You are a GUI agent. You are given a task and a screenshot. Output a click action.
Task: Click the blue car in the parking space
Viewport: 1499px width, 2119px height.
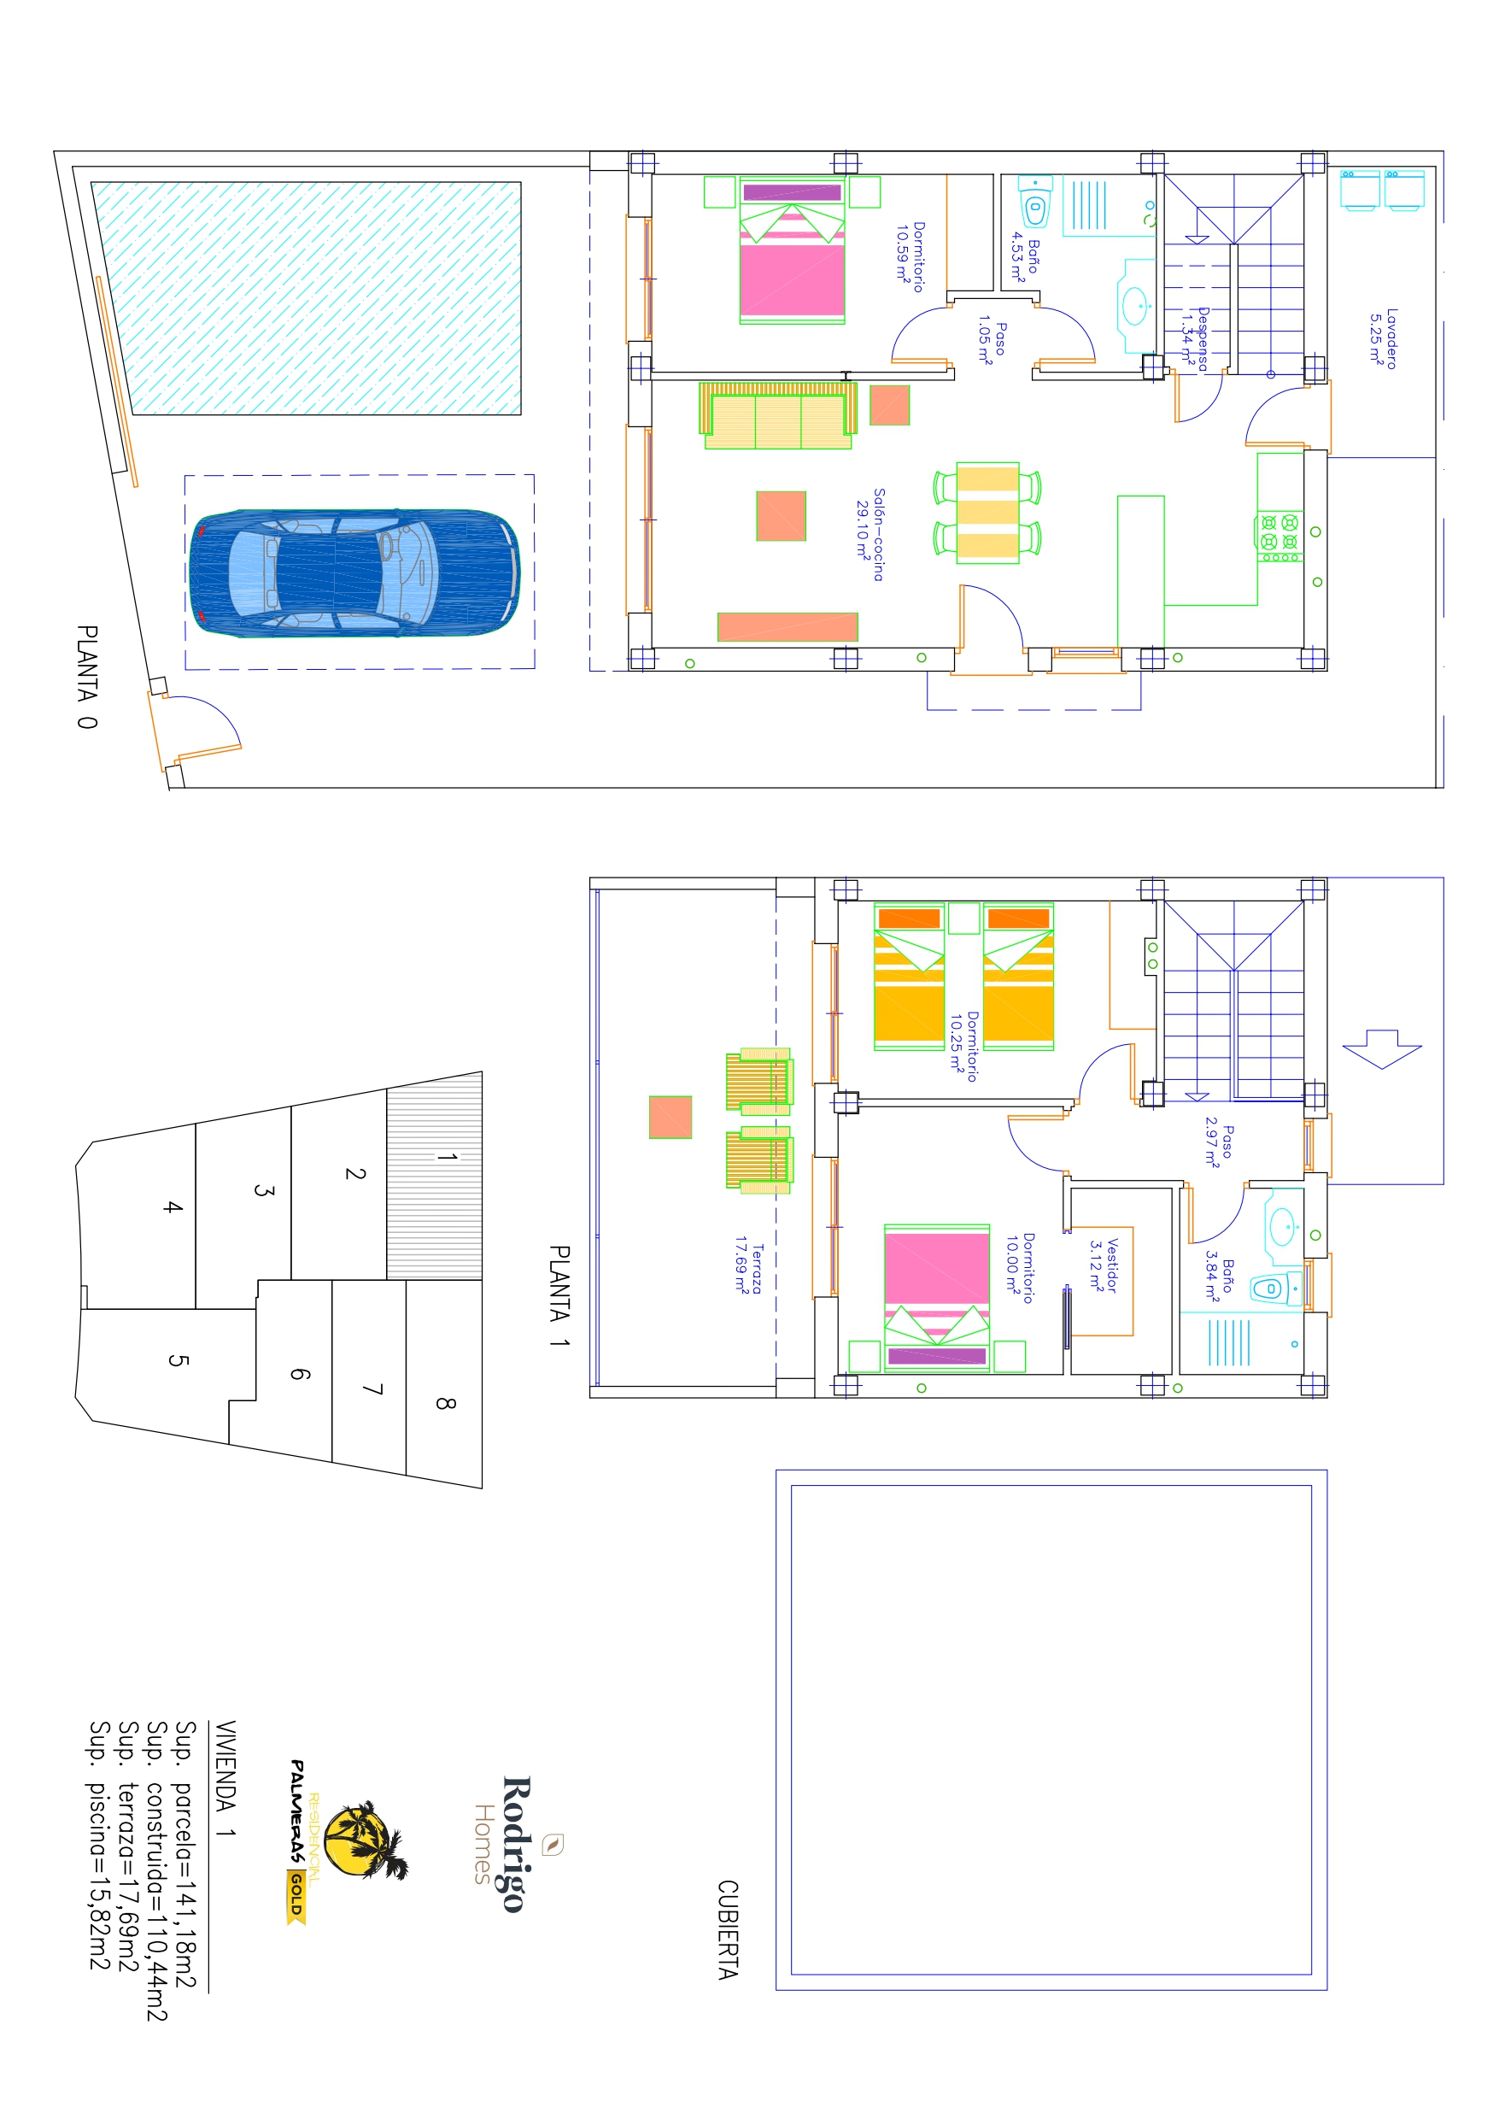pos(354,572)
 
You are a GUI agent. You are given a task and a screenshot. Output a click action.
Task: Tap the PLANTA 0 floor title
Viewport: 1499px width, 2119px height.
pos(87,677)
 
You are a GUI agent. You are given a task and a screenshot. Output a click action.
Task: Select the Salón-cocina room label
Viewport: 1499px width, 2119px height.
pos(870,535)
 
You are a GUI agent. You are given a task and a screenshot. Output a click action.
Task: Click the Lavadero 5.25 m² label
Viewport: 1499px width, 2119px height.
pos(1383,339)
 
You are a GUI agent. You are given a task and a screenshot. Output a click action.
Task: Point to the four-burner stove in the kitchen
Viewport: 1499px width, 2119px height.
pos(1279,537)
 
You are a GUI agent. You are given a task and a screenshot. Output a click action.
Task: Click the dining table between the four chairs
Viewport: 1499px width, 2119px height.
pos(987,513)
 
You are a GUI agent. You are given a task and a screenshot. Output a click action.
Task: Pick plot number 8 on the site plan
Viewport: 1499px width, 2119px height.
pos(445,1404)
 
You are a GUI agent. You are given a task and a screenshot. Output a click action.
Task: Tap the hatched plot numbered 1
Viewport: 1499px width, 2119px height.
pos(434,1175)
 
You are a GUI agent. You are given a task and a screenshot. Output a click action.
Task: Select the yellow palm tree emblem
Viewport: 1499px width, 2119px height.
pos(366,1841)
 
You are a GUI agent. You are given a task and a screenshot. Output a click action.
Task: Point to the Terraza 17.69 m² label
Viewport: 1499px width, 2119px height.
pos(748,1269)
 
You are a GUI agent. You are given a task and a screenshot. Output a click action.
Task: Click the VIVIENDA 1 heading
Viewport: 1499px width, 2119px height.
pos(225,1778)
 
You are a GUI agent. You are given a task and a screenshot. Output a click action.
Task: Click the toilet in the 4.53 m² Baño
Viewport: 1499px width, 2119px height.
pos(1034,204)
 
